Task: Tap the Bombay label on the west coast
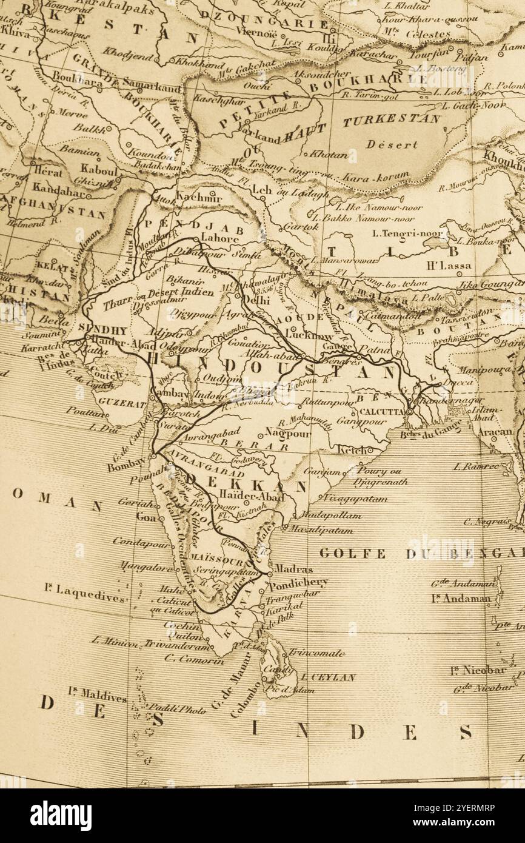coord(127,466)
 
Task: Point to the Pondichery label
coord(298,583)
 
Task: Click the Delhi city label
coord(256,300)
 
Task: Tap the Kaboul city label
coord(99,170)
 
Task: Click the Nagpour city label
coord(288,434)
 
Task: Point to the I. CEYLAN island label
coord(328,677)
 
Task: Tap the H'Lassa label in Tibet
coord(449,264)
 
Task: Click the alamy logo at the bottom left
coord(61,816)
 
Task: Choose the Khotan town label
coord(329,155)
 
